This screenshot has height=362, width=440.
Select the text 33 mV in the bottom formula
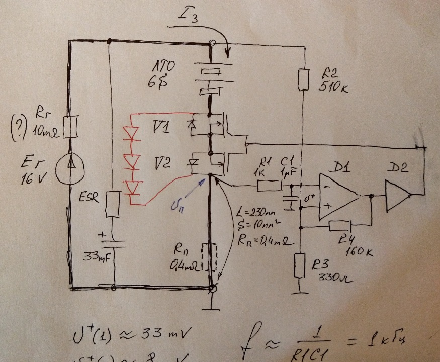point(166,334)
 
